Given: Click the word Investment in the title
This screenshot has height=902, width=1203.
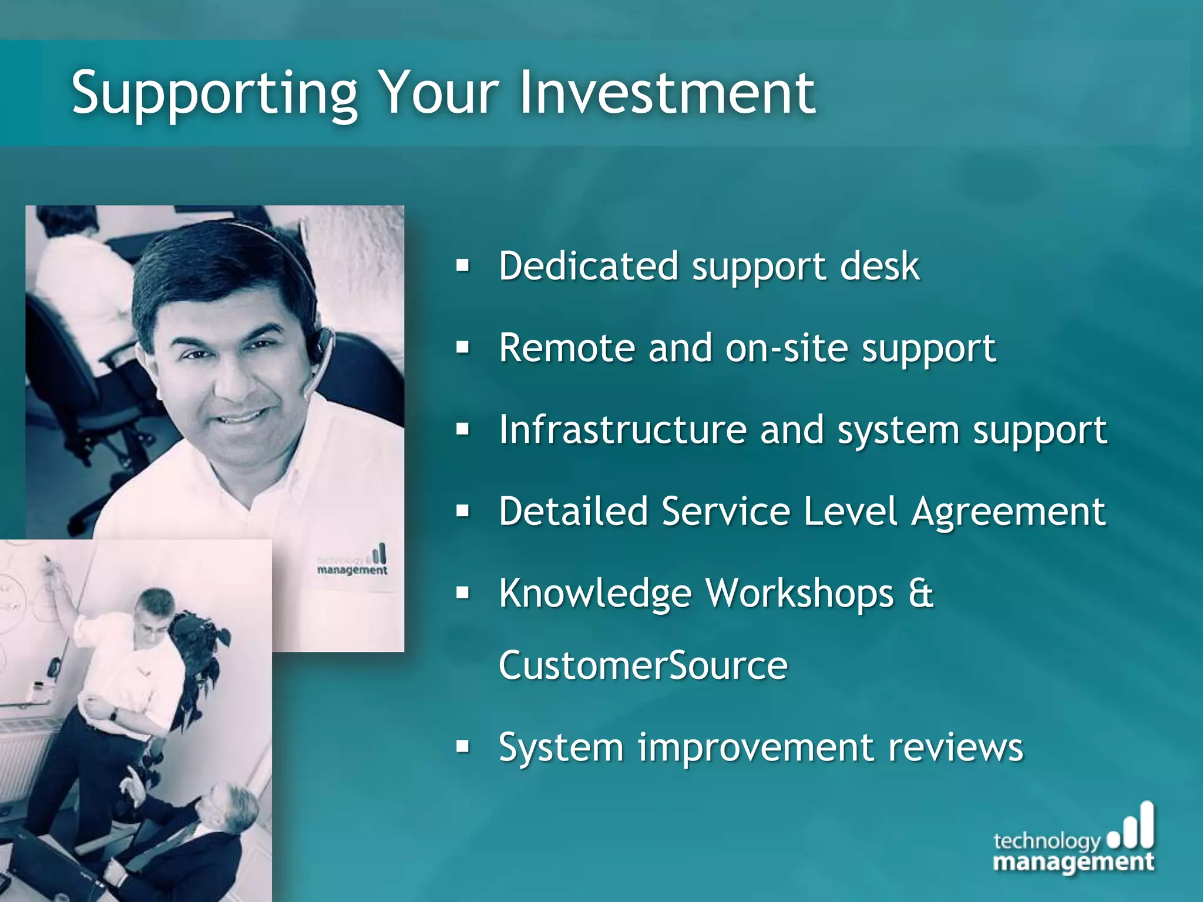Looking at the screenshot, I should [667, 92].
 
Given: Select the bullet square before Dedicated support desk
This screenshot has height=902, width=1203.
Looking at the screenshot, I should [463, 266].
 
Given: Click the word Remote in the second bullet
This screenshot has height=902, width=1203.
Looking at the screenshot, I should [566, 348].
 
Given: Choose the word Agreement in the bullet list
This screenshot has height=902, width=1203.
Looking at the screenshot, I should [1008, 512].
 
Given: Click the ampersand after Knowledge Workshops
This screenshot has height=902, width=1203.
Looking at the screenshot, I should [920, 593].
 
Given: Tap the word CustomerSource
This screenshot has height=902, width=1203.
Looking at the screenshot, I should [643, 665].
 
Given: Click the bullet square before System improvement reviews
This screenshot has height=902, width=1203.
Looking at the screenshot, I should [463, 747].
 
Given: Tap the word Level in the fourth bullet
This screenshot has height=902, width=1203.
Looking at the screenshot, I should [850, 511].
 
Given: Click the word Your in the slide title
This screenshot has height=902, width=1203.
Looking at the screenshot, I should [438, 92].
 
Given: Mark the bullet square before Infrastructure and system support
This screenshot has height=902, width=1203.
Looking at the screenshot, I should [463, 430].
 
